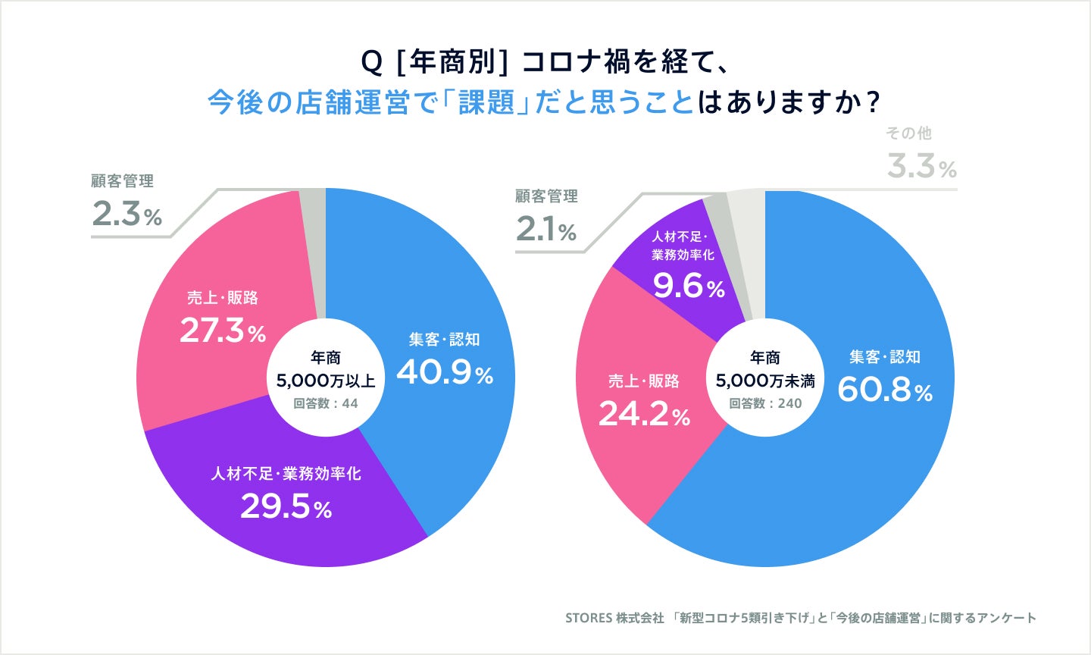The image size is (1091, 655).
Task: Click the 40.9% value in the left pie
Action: pos(445,372)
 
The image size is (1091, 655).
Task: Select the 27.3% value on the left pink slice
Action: pos(223,331)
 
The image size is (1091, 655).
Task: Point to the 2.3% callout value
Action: pos(127,215)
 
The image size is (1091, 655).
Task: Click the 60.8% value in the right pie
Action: pos(885,390)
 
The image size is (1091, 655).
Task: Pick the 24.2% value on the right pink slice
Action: pos(645,414)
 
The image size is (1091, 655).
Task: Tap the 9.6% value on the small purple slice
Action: pos(689,287)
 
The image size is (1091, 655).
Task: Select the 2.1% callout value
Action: pos(545,230)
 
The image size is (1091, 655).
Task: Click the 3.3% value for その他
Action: pos(922,167)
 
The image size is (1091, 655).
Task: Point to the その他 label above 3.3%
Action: pos(908,133)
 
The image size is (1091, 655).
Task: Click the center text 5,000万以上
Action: pos(325,380)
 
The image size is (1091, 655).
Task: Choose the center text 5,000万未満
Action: pos(765,381)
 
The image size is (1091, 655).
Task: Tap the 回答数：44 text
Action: pos(326,403)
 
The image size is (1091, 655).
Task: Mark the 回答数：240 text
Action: pos(765,403)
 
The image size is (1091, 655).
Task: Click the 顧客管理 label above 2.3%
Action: pos(122,181)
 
